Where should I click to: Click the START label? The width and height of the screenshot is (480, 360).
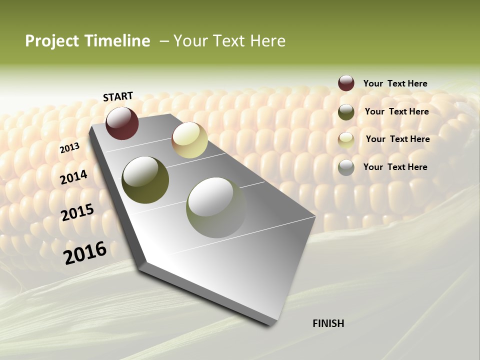click(118, 96)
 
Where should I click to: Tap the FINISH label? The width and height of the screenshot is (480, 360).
click(328, 323)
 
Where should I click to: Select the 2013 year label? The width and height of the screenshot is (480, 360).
click(70, 147)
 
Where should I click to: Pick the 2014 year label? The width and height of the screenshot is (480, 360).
click(74, 177)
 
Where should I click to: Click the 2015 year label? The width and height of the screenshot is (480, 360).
click(77, 212)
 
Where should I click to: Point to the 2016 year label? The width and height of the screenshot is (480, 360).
click(85, 252)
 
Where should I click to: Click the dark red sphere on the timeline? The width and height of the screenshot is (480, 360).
click(122, 123)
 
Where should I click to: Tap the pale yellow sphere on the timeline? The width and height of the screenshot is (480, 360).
click(189, 140)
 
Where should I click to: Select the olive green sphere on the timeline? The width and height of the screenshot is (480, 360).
click(145, 180)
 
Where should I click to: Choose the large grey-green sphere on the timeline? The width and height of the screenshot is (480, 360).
click(216, 207)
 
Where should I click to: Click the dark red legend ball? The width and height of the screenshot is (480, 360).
click(346, 83)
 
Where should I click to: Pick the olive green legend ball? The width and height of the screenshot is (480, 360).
click(346, 112)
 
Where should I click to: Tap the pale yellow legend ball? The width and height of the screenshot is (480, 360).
click(346, 140)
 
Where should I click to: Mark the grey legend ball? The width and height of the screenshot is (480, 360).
click(346, 167)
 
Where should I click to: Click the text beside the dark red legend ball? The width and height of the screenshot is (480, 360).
click(395, 83)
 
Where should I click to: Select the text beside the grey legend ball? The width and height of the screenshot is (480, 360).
click(395, 167)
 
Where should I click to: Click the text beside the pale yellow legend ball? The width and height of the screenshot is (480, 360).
click(397, 139)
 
